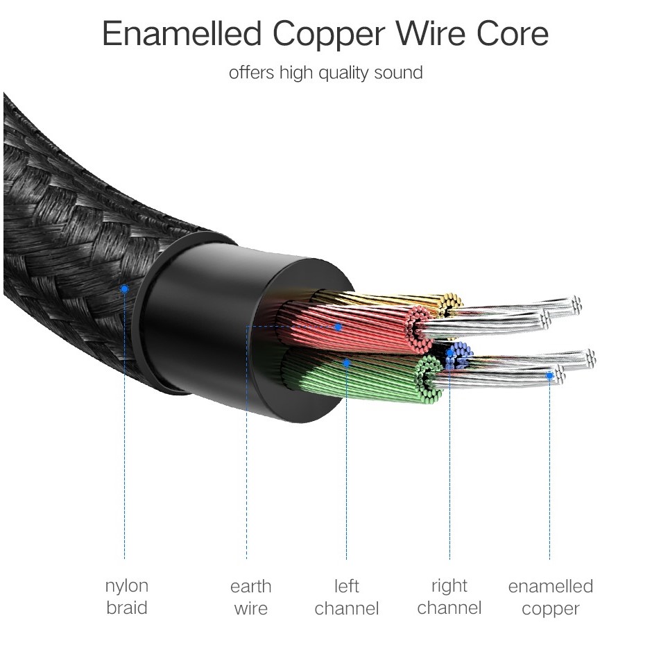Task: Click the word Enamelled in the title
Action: pyautogui.click(x=182, y=34)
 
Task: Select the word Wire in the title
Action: pyautogui.click(x=430, y=34)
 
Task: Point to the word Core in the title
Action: pyautogui.click(x=513, y=34)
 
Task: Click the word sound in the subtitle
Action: pyautogui.click(x=398, y=72)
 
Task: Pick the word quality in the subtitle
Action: pyautogui.click(x=343, y=74)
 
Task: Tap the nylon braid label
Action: pyautogui.click(x=126, y=597)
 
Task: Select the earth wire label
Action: pyautogui.click(x=250, y=597)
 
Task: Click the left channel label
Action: pyautogui.click(x=346, y=597)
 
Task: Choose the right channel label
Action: pyautogui.click(x=449, y=597)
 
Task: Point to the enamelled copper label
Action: pyautogui.click(x=551, y=597)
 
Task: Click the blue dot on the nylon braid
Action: pyautogui.click(x=124, y=289)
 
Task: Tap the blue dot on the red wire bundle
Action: pyautogui.click(x=338, y=327)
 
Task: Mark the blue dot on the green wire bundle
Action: pyautogui.click(x=346, y=363)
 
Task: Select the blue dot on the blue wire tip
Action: pyautogui.click(x=449, y=353)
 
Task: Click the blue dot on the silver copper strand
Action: pyautogui.click(x=550, y=376)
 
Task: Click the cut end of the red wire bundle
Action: pyautogui.click(x=419, y=329)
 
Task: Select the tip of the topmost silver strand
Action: pyautogui.click(x=576, y=304)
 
